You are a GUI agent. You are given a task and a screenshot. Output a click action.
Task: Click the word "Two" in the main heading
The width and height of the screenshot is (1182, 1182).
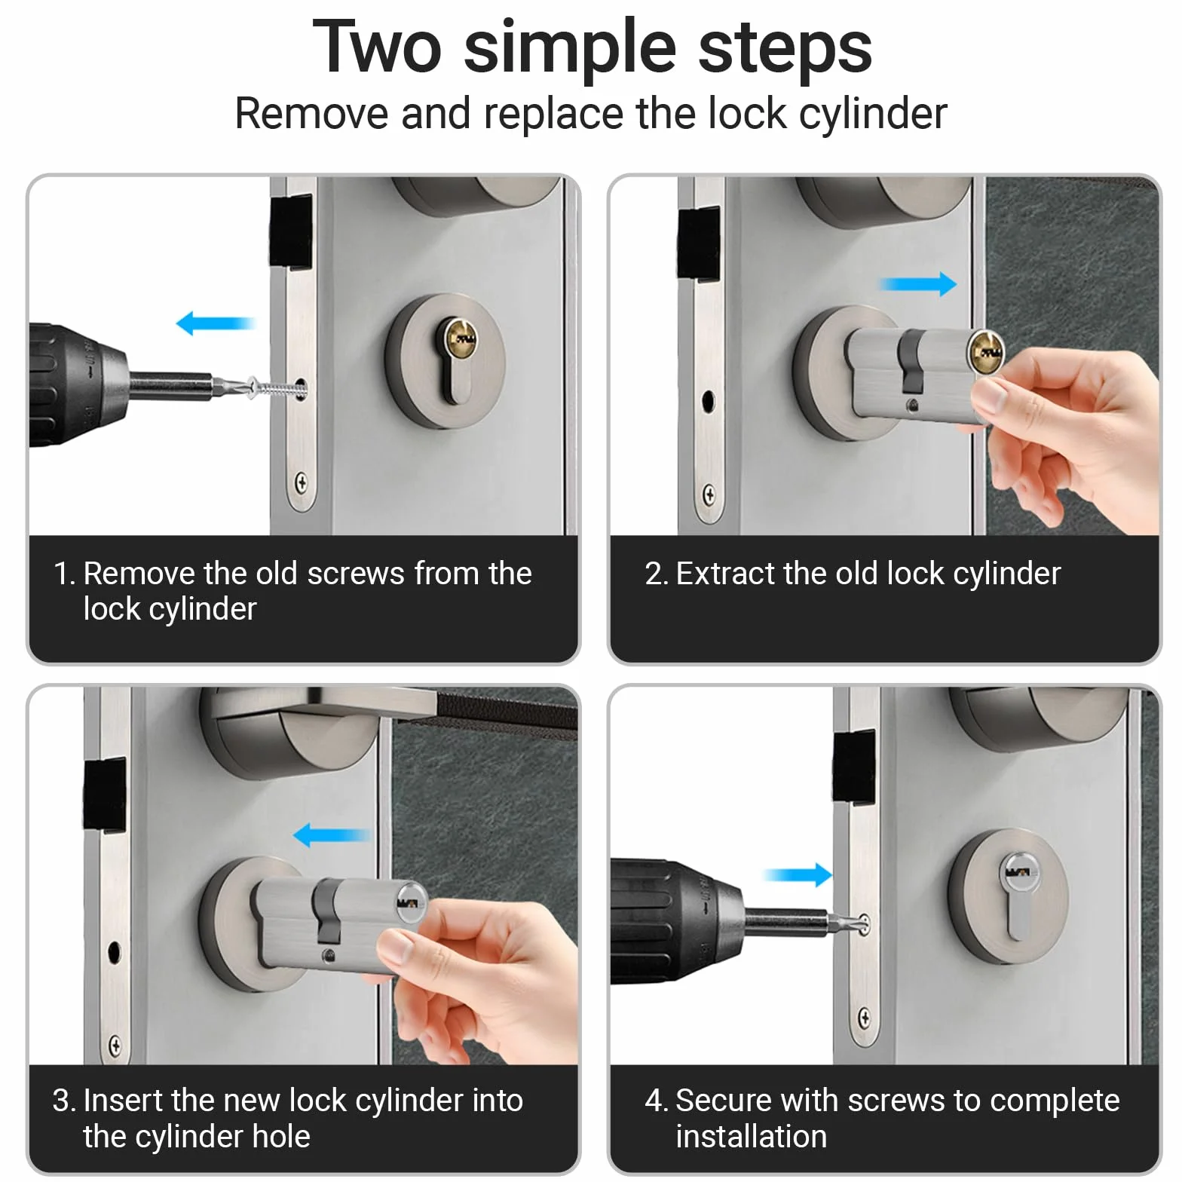point(377,47)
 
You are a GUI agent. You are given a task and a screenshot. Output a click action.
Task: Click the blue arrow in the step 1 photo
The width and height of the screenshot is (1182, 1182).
point(216,323)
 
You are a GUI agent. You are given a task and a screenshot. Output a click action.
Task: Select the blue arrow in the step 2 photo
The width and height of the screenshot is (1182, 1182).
point(919,284)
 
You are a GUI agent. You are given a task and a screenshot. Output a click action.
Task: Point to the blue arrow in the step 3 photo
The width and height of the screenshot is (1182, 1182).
point(332,834)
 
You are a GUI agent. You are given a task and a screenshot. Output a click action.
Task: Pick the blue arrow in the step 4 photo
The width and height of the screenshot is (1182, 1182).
point(797,875)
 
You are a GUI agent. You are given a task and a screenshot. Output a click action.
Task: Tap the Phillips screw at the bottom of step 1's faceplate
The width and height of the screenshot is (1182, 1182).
point(302,481)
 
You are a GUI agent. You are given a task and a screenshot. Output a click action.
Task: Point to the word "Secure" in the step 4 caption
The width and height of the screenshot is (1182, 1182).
point(723,1101)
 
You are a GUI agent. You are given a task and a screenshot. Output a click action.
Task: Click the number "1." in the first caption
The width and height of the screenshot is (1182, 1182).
point(64,574)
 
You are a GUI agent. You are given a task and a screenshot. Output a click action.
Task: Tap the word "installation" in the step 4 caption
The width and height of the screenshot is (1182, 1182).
point(751,1136)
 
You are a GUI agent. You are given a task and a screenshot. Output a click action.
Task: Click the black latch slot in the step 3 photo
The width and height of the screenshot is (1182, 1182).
point(105,796)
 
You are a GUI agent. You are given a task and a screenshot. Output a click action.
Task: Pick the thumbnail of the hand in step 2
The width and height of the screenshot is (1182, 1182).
point(991,397)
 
